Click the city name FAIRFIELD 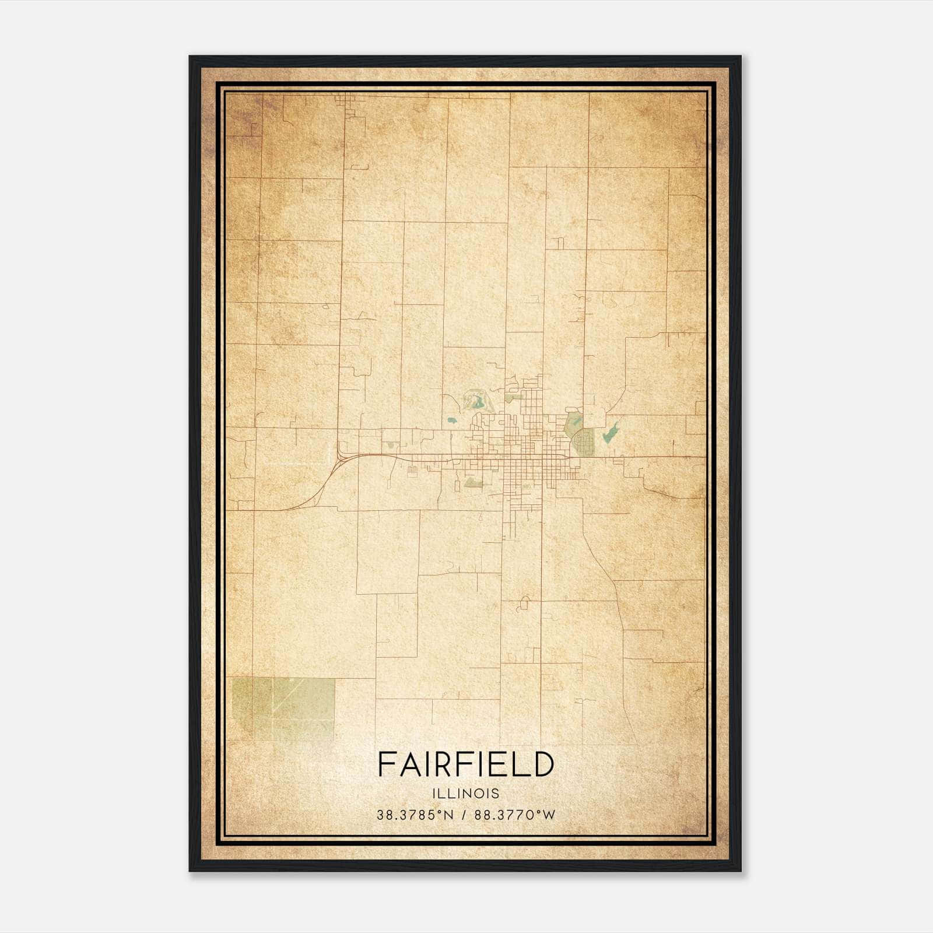point(465,764)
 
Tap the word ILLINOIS point(465,794)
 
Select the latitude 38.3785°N point(415,815)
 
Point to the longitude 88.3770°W point(515,815)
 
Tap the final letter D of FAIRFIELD point(542,764)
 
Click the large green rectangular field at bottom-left point(284,707)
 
